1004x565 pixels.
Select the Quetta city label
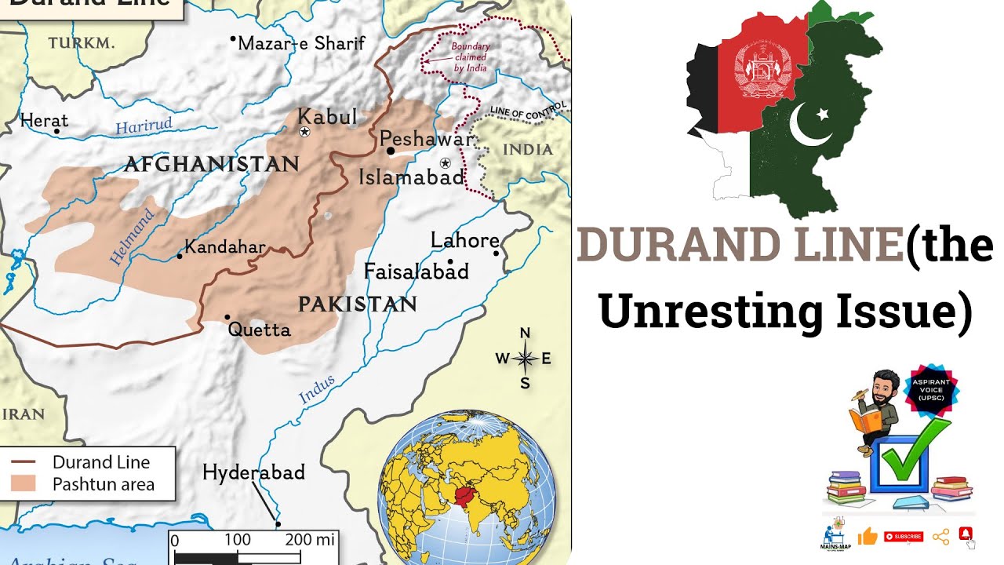[259, 330]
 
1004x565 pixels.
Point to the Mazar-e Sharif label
[301, 43]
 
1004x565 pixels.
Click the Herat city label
[44, 120]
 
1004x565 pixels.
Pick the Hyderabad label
[253, 472]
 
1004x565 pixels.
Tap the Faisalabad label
[416, 272]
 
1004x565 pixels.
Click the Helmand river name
[132, 236]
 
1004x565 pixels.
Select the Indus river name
[317, 390]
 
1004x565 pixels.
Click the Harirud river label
[143, 127]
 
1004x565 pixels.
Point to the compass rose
[525, 359]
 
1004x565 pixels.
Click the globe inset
[467, 490]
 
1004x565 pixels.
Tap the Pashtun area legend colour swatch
[24, 483]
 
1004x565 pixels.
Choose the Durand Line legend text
[100, 462]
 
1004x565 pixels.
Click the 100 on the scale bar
[237, 540]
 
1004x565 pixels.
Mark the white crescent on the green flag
[810, 125]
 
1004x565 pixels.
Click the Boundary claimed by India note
[470, 57]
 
